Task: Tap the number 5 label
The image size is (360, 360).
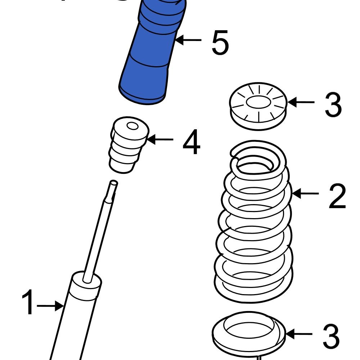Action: click(220, 44)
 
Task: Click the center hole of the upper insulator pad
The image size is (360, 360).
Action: click(258, 103)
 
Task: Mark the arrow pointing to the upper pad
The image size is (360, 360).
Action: click(301, 102)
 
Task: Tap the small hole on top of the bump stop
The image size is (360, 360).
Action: click(132, 126)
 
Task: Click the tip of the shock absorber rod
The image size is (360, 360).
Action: click(114, 183)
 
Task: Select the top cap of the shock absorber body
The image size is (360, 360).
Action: click(86, 284)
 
